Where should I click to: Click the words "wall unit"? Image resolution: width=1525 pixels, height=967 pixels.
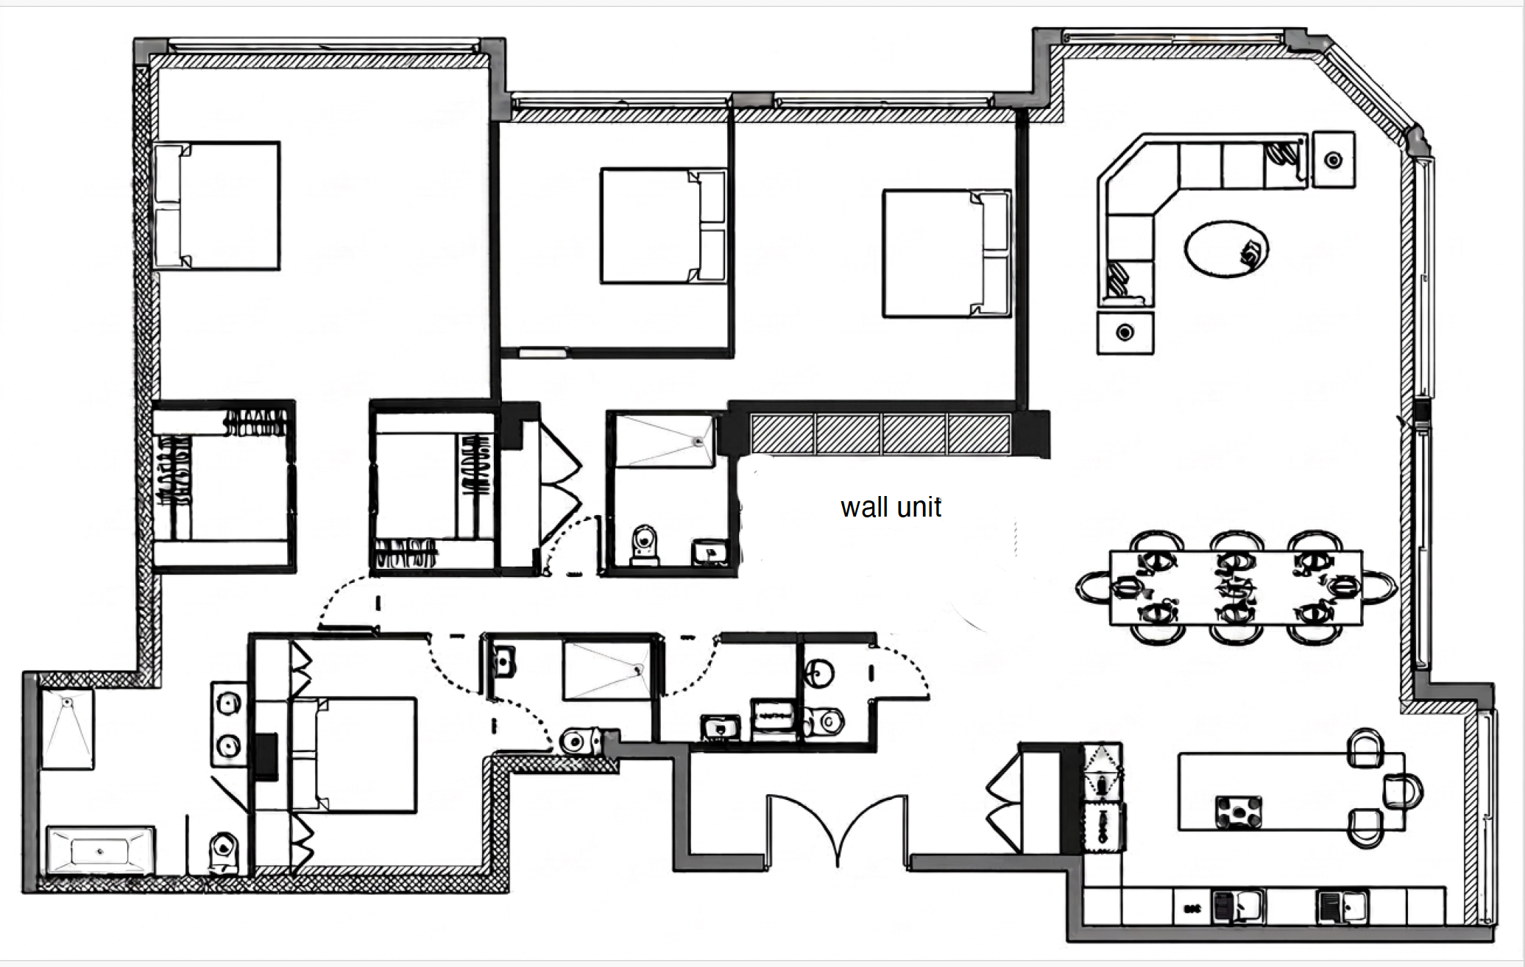point(891,507)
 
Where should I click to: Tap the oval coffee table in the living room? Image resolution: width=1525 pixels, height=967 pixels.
point(1226,249)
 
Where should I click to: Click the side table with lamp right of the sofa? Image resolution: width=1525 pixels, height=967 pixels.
point(1334,160)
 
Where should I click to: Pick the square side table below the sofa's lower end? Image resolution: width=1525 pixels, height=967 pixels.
point(1125,333)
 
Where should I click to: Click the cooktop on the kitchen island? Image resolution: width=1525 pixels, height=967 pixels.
point(1238,812)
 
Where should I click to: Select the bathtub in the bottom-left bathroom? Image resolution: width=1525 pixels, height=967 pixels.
point(100,851)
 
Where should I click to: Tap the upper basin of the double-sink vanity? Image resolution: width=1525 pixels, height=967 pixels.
point(228,704)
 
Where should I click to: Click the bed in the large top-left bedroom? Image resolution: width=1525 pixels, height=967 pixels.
point(216,205)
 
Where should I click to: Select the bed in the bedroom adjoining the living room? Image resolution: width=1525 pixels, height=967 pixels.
point(947,253)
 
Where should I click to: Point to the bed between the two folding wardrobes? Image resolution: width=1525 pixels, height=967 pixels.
point(353,755)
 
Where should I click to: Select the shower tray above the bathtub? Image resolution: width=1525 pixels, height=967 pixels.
point(67,729)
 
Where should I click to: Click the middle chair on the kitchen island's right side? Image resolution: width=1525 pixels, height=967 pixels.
point(1403,791)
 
